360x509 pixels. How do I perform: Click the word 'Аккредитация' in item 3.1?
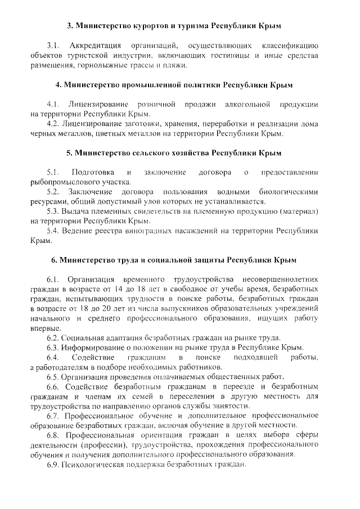point(92,45)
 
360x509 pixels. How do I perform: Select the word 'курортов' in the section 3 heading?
point(138,26)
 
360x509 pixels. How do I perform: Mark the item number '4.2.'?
point(54,124)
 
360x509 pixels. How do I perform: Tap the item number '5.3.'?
point(54,211)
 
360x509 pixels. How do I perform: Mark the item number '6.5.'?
point(54,377)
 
